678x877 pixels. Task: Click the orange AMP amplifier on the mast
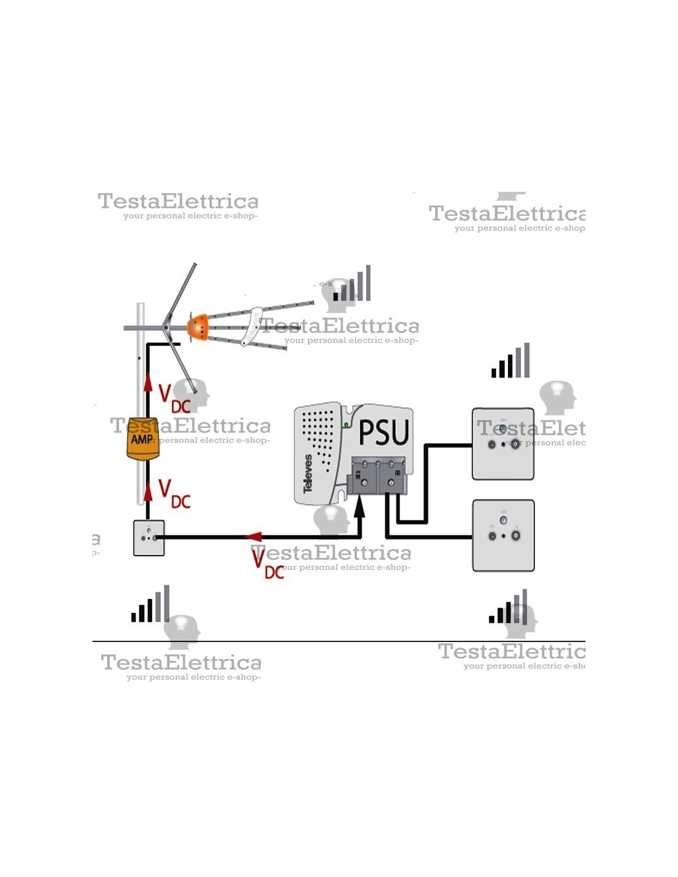coord(142,439)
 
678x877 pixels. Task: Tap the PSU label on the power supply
coord(383,432)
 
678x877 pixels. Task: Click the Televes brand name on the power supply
coord(308,473)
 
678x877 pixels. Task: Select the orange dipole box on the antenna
coord(198,327)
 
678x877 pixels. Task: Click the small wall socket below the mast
coord(149,538)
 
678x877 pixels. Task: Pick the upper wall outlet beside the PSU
coord(503,443)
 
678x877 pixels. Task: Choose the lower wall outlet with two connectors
coord(503,535)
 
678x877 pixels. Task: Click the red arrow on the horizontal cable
coord(253,537)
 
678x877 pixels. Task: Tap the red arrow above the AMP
coord(148,382)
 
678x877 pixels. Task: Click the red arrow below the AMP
coord(148,492)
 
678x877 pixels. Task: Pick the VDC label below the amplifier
coord(174,494)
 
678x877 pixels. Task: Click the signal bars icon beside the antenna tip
coord(353,284)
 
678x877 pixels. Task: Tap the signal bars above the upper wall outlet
coord(510,361)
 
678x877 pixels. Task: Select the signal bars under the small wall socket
coord(150,604)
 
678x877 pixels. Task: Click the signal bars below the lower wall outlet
coord(508,607)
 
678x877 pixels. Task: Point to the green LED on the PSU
coord(346,424)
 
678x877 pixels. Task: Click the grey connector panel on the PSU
coord(377,475)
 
